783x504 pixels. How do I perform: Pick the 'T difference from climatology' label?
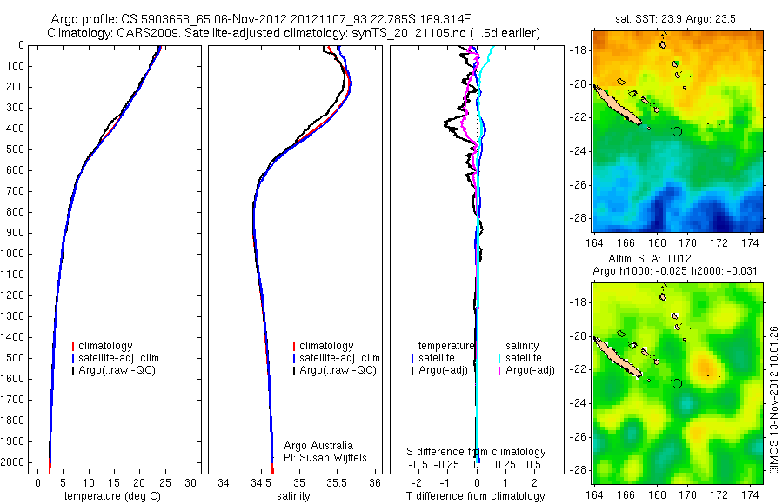pyautogui.click(x=476, y=496)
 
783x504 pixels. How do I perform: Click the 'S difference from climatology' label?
pyautogui.click(x=476, y=452)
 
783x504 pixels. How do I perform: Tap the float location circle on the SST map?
pyautogui.click(x=678, y=131)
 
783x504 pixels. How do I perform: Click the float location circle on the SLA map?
pyautogui.click(x=678, y=383)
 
